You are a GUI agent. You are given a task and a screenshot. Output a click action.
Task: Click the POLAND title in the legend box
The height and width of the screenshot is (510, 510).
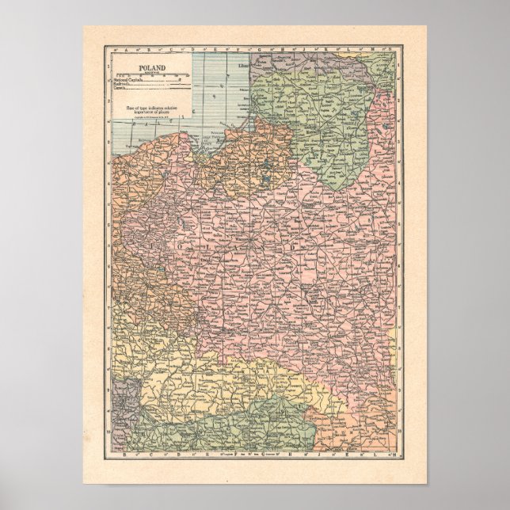point(150,69)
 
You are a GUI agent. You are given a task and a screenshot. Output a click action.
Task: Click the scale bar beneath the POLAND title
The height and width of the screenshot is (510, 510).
point(150,75)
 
